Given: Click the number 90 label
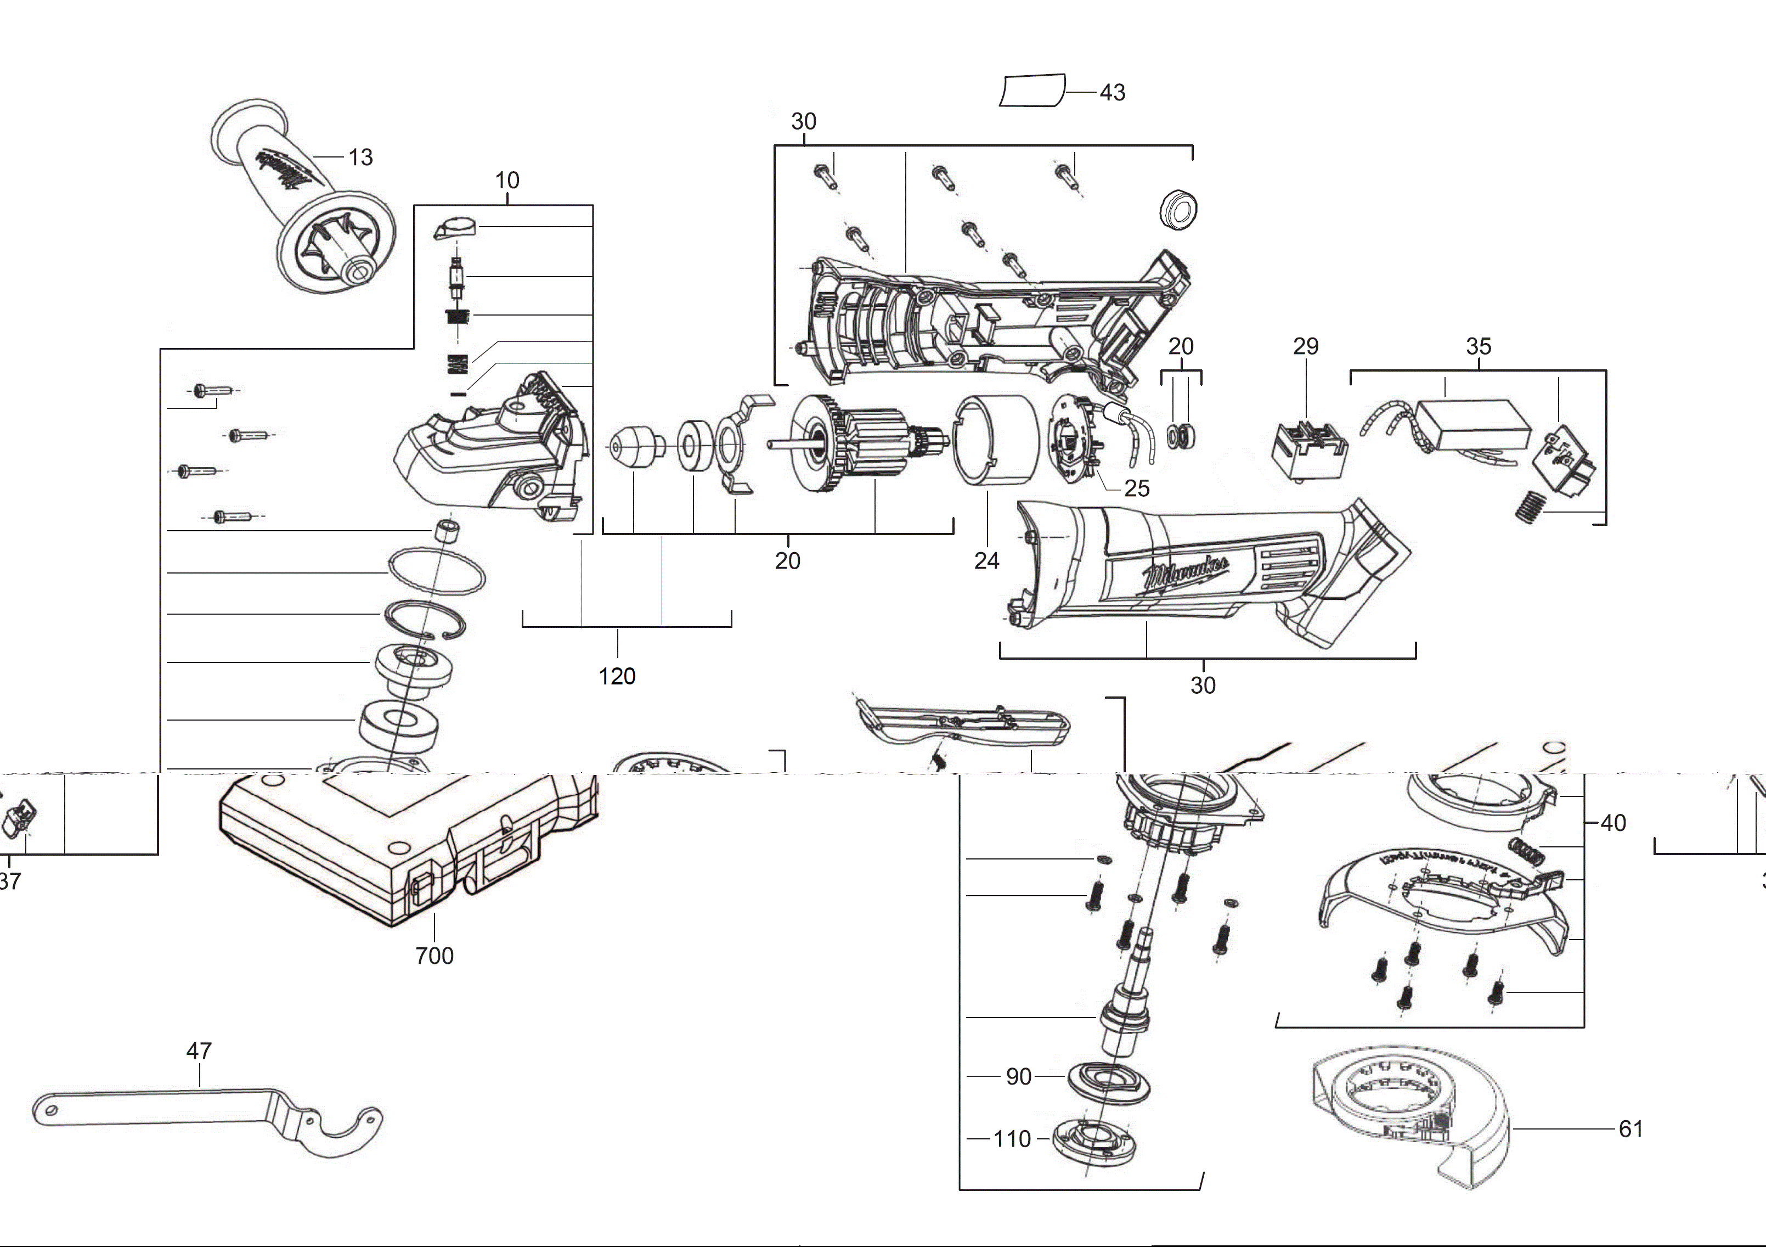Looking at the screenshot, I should pos(1018,1076).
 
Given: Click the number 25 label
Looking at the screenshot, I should pos(1137,488).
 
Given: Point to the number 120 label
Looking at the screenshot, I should pos(617,676).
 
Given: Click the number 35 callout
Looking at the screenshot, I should pos(1479,346).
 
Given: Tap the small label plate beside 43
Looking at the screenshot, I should pos(1032,91).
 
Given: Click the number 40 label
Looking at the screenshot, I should pos(1613,823).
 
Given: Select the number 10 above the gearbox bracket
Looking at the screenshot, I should pos(507,180).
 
